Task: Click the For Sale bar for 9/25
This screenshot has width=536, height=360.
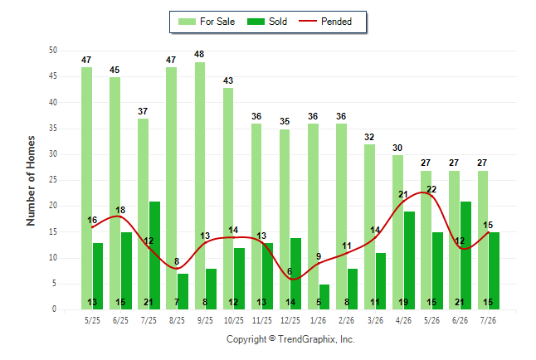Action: [x=200, y=186]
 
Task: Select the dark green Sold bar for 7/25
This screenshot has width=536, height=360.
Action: [x=154, y=255]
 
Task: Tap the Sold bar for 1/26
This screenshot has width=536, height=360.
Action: [x=324, y=297]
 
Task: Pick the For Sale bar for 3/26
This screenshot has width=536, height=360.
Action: [x=369, y=227]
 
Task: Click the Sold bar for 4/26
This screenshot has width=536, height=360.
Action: [x=409, y=260]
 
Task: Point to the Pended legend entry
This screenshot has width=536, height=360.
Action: [x=325, y=22]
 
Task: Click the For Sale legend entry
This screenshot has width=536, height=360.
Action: [x=207, y=22]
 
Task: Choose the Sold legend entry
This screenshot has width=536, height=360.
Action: [x=267, y=22]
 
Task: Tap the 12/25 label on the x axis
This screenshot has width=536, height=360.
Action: [x=290, y=321]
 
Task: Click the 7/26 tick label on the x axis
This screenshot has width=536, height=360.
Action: [x=488, y=321]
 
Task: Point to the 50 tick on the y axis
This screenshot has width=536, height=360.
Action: [x=53, y=51]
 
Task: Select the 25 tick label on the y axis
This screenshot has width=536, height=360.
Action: [x=53, y=180]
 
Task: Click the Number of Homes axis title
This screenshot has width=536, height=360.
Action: [x=31, y=181]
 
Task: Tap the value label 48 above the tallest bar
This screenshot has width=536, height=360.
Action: [x=199, y=54]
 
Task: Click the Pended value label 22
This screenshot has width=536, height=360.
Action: [x=431, y=189]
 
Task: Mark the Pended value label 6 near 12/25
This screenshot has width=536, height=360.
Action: [x=290, y=271]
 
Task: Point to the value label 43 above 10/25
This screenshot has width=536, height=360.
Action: [x=228, y=80]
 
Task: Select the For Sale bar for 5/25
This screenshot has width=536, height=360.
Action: [x=86, y=188]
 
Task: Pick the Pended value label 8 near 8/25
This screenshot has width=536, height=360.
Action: [x=177, y=261]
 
